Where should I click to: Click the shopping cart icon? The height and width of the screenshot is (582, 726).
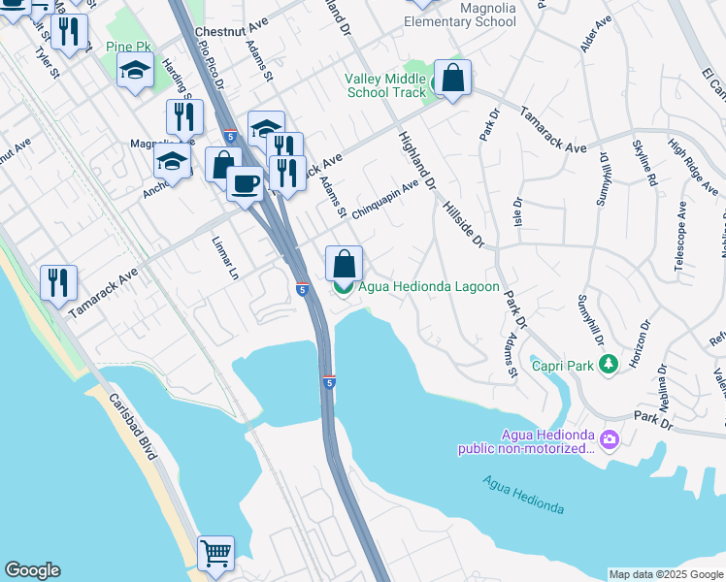tap(215, 554)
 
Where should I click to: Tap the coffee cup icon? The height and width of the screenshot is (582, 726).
tap(245, 182)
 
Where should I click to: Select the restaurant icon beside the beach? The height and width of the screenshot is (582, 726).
tap(58, 282)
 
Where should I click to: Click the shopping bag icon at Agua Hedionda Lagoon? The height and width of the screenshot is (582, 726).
tap(344, 263)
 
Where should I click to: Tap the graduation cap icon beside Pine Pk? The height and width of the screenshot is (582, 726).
tap(135, 69)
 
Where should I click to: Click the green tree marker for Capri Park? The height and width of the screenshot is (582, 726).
tap(609, 366)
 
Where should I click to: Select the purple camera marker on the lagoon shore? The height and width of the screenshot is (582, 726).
tap(609, 440)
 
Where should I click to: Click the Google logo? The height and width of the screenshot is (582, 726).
tap(32, 570)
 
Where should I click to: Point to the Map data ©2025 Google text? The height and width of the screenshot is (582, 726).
tap(665, 574)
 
